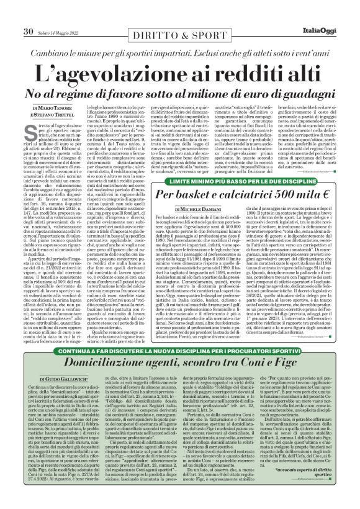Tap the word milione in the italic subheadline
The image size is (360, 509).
tap(226, 94)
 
